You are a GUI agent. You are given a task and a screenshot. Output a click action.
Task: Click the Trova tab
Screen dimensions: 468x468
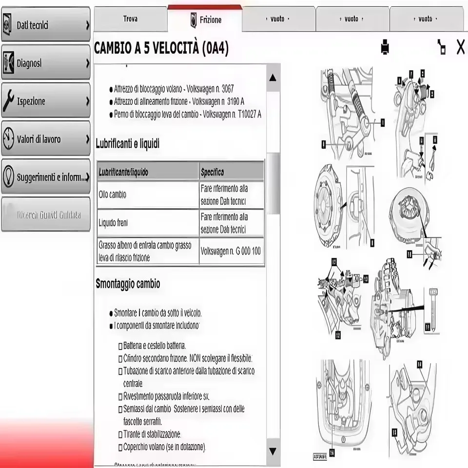click(130, 19)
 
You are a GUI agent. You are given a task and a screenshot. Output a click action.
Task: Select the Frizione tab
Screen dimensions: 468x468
click(205, 20)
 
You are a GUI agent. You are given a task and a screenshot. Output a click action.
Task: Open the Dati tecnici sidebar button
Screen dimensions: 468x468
click(46, 25)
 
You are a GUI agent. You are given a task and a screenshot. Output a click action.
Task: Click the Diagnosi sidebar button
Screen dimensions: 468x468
click(46, 63)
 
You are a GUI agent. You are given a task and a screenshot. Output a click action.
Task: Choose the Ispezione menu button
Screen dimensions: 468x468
click(46, 101)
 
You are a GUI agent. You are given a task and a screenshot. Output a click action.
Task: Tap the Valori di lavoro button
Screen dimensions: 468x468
click(46, 139)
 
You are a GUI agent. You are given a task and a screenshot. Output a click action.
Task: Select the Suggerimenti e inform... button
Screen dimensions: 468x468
click(46, 177)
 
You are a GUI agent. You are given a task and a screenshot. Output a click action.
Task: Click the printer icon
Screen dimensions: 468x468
click(385, 47)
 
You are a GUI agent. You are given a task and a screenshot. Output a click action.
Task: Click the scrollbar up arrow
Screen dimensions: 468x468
click(273, 78)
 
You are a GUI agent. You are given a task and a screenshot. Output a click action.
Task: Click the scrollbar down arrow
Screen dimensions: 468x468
click(273, 451)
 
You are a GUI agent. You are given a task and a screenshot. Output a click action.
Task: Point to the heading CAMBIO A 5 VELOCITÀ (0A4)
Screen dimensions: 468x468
click(161, 48)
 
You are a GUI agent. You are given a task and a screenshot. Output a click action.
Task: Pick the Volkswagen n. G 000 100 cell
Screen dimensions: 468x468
click(231, 252)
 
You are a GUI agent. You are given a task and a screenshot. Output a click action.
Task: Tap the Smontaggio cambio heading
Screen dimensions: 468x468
click(128, 284)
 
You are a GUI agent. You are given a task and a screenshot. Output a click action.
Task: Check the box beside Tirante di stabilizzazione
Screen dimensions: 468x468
click(120, 434)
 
